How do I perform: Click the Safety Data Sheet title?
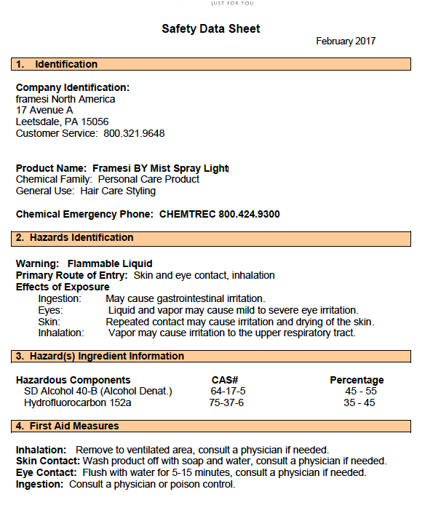210,29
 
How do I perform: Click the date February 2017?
346,41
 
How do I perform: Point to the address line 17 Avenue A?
44,110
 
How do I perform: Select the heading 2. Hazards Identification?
74,237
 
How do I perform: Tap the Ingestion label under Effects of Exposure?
60,298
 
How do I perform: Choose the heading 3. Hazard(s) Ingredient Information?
100,356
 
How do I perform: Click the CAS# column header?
225,380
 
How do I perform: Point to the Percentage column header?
357,380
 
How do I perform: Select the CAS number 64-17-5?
228,391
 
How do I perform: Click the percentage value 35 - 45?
359,402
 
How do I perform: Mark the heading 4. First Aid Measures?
67,425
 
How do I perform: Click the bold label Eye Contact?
47,472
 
